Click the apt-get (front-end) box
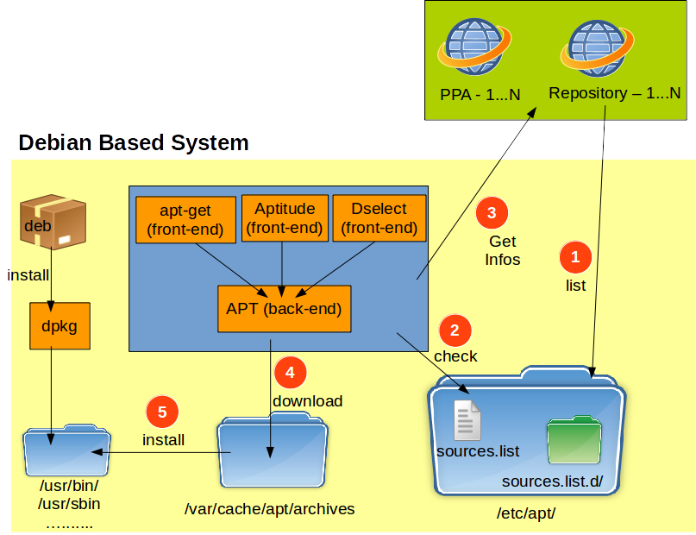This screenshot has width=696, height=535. (x=185, y=219)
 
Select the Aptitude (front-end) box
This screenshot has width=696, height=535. (x=285, y=217)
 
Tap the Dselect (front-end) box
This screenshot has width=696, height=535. (x=379, y=217)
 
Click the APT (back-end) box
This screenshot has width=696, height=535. (x=284, y=309)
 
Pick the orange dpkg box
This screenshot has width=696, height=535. (x=60, y=326)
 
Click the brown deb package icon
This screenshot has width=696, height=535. (x=53, y=221)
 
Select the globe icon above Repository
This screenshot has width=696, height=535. (x=598, y=47)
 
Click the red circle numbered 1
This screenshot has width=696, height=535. (x=575, y=256)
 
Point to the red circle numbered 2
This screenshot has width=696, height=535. (x=455, y=330)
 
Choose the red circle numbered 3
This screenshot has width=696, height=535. (x=492, y=212)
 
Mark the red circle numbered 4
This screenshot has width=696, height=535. (x=290, y=373)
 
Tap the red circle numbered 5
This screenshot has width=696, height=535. (x=162, y=412)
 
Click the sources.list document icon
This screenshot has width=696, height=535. (x=468, y=420)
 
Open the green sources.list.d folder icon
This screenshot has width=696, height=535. (x=574, y=442)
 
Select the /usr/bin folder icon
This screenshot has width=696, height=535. (x=66, y=450)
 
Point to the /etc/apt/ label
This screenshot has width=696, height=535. (x=526, y=513)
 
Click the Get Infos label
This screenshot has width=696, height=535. (x=503, y=250)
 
